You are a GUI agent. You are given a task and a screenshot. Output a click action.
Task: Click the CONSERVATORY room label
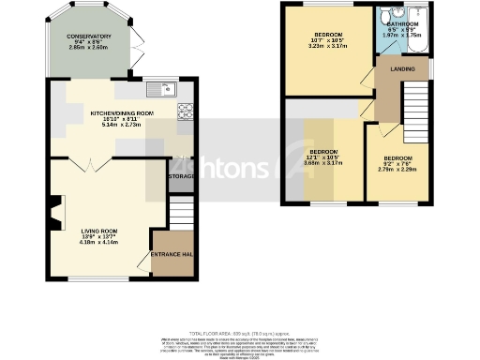coord(89,37)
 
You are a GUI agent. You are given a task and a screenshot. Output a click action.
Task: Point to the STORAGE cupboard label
coord(181,174)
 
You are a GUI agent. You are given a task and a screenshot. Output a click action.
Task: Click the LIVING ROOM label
coord(98,231)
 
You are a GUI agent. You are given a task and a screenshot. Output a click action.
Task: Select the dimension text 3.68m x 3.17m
coord(324,163)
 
